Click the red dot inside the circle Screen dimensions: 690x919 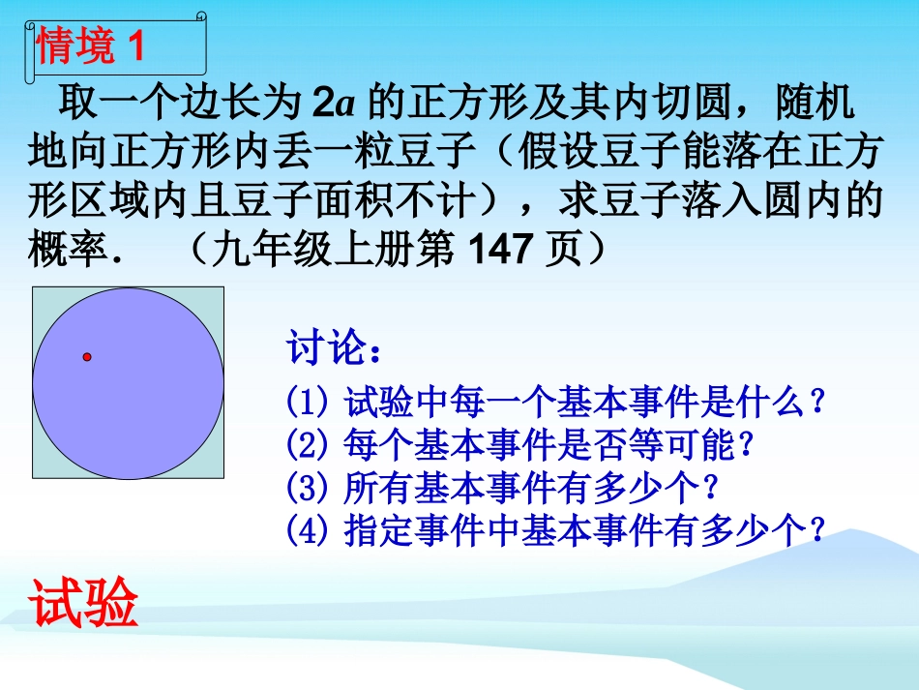pos(87,357)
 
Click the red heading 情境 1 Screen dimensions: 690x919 pos(90,45)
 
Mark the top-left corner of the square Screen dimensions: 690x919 pos(33,287)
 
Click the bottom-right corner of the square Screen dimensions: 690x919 pos(223,479)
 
